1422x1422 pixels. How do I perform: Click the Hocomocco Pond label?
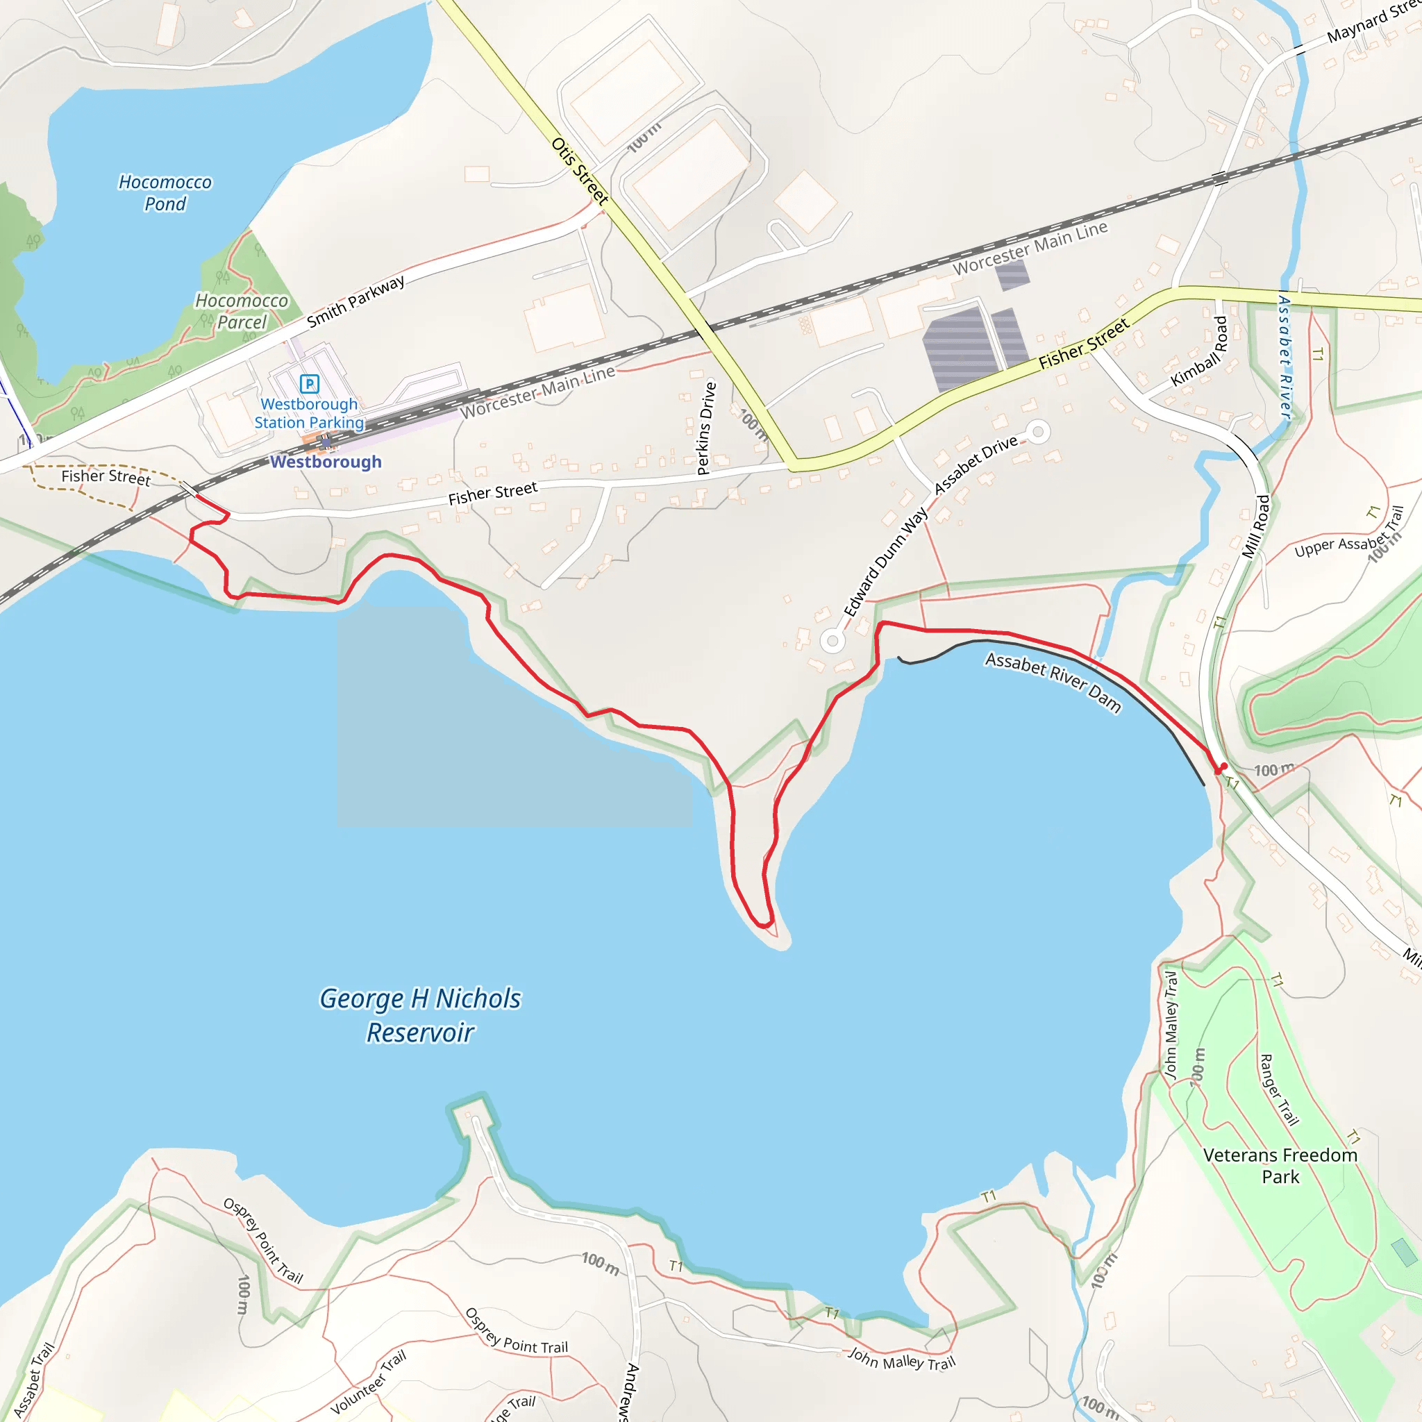[x=165, y=193]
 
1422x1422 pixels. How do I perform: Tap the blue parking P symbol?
[x=309, y=383]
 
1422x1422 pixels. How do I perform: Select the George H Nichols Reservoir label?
[x=420, y=1016]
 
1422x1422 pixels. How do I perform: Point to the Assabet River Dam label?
[x=1053, y=682]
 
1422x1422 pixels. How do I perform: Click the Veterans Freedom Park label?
[x=1280, y=1166]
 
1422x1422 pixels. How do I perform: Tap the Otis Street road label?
[x=580, y=172]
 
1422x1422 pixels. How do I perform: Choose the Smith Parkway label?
[x=355, y=302]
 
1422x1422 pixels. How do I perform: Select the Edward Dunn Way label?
[x=885, y=561]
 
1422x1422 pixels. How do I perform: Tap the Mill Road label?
[x=1255, y=526]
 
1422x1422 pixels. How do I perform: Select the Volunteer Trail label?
[x=368, y=1382]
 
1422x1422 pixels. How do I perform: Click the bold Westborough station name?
[x=326, y=462]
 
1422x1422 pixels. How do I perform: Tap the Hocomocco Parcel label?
[x=242, y=311]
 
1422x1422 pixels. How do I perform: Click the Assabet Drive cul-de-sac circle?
[x=1038, y=432]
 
